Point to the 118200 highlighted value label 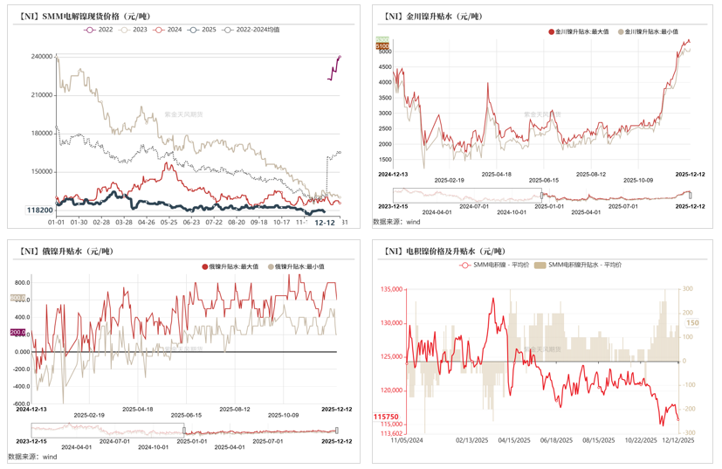[39, 210]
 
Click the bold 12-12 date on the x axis [324, 223]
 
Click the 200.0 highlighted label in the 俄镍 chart [18, 333]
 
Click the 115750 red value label [387, 417]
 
